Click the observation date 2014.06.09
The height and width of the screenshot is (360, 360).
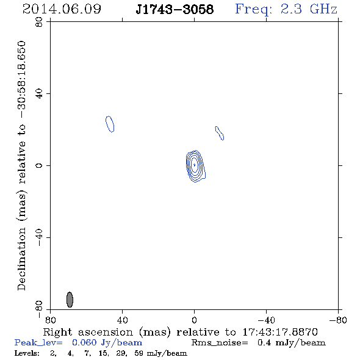coord(62,9)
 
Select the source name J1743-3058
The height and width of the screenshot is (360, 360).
coord(175,9)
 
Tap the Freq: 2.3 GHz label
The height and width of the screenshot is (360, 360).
coord(286,9)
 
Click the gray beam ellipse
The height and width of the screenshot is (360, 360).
coord(70,300)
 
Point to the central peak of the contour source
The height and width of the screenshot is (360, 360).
coord(195,165)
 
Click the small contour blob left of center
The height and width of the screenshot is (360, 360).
coord(110,124)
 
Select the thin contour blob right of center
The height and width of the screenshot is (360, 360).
coord(220,133)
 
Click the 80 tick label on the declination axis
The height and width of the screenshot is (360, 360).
coord(39,22)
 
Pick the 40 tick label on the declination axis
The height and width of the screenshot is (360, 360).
coord(39,94)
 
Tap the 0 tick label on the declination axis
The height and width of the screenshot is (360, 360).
coord(39,165)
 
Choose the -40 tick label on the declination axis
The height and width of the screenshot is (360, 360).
coord(39,237)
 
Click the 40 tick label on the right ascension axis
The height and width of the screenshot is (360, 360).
coord(123,320)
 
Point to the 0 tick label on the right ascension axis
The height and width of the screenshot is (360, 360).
coord(194,320)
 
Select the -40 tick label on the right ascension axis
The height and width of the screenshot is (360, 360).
coord(266,320)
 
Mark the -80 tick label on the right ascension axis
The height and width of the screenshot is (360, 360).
coord(338,320)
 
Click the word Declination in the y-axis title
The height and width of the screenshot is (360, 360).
coord(21,259)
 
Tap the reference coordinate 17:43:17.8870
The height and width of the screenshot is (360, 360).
coord(280,332)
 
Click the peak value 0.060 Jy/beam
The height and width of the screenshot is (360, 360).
coord(107,342)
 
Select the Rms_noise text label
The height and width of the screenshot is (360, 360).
coord(220,343)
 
